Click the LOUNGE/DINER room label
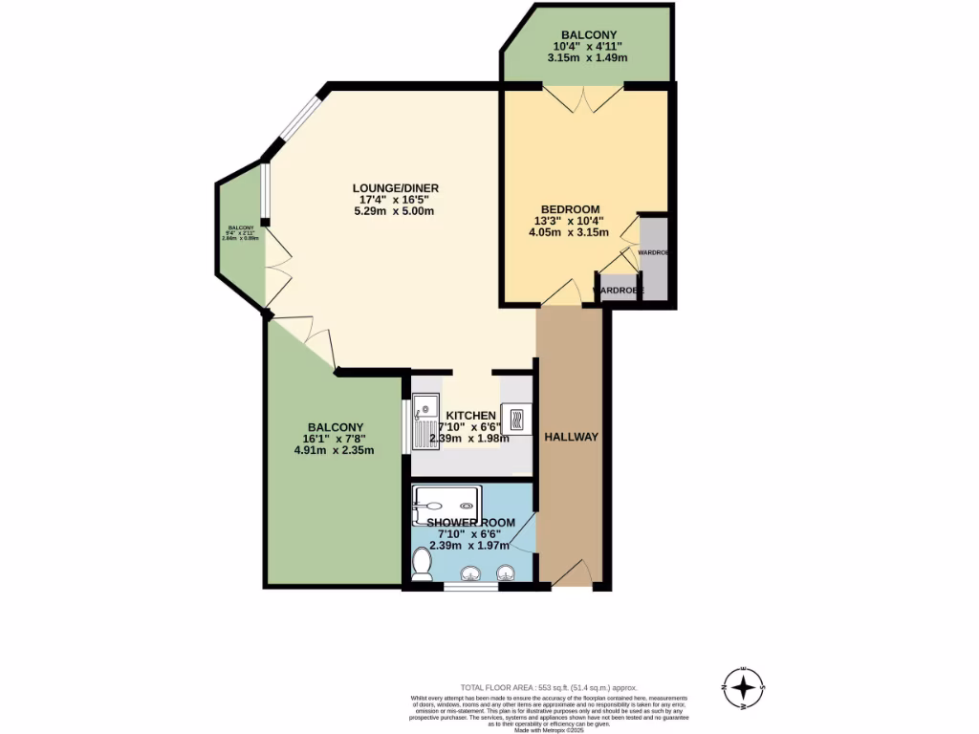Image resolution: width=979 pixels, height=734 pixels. point(395,188)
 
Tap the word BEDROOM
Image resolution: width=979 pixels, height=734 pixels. point(570,209)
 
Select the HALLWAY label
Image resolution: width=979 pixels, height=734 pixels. point(571,437)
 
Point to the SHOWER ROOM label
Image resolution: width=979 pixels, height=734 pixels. point(470,523)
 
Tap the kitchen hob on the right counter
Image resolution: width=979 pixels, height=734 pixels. point(516,420)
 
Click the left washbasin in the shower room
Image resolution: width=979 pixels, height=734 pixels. point(470,573)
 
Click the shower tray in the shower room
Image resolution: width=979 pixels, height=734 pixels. point(446,505)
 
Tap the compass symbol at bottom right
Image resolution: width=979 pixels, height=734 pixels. point(743,687)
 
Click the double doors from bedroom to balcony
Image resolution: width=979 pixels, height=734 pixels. point(584,97)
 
